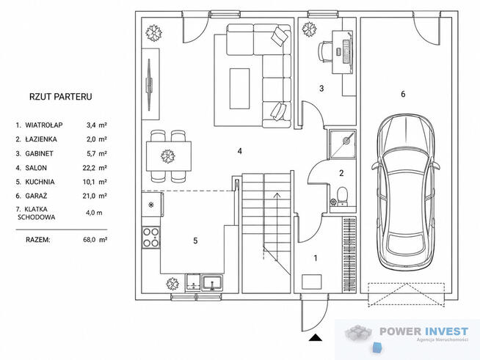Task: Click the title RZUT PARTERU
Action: pos(61,97)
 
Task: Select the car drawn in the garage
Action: pos(406,192)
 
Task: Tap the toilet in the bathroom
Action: pos(341,196)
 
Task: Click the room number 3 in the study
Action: pos(321,89)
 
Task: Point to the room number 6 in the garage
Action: pos(403,94)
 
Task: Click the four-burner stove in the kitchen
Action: pos(151,238)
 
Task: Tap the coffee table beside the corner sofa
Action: pos(239,89)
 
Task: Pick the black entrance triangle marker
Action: pos(316,337)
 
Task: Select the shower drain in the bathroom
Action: pos(346,141)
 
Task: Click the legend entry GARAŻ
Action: pos(36,196)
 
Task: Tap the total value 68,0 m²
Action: pos(95,240)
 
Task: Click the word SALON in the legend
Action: pos(36,168)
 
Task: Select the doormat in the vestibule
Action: pos(312,282)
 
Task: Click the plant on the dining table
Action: pos(168,156)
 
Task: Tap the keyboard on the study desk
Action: pos(346,51)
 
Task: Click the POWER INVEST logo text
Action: pos(424,331)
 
